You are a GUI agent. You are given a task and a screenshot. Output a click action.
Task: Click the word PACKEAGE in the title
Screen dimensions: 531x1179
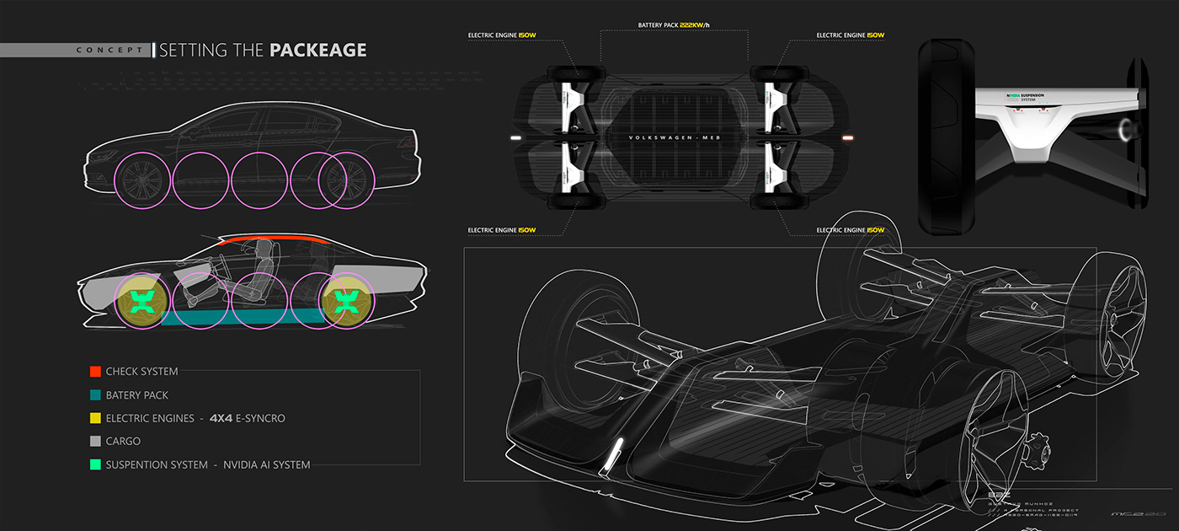(x=317, y=51)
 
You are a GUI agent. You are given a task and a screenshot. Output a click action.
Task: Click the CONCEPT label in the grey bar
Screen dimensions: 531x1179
(x=109, y=51)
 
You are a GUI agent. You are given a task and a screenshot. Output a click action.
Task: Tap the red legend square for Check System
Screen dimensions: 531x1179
(x=95, y=371)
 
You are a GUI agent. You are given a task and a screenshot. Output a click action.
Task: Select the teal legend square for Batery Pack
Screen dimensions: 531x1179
(x=95, y=394)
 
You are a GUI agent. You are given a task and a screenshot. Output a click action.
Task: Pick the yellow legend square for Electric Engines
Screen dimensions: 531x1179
(x=95, y=418)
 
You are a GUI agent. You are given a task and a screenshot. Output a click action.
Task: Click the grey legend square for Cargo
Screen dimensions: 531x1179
(x=95, y=441)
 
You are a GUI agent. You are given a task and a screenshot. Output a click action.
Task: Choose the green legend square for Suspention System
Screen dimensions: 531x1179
(x=95, y=464)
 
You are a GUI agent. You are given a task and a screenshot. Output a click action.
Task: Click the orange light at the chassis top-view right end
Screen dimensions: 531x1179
(x=848, y=137)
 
